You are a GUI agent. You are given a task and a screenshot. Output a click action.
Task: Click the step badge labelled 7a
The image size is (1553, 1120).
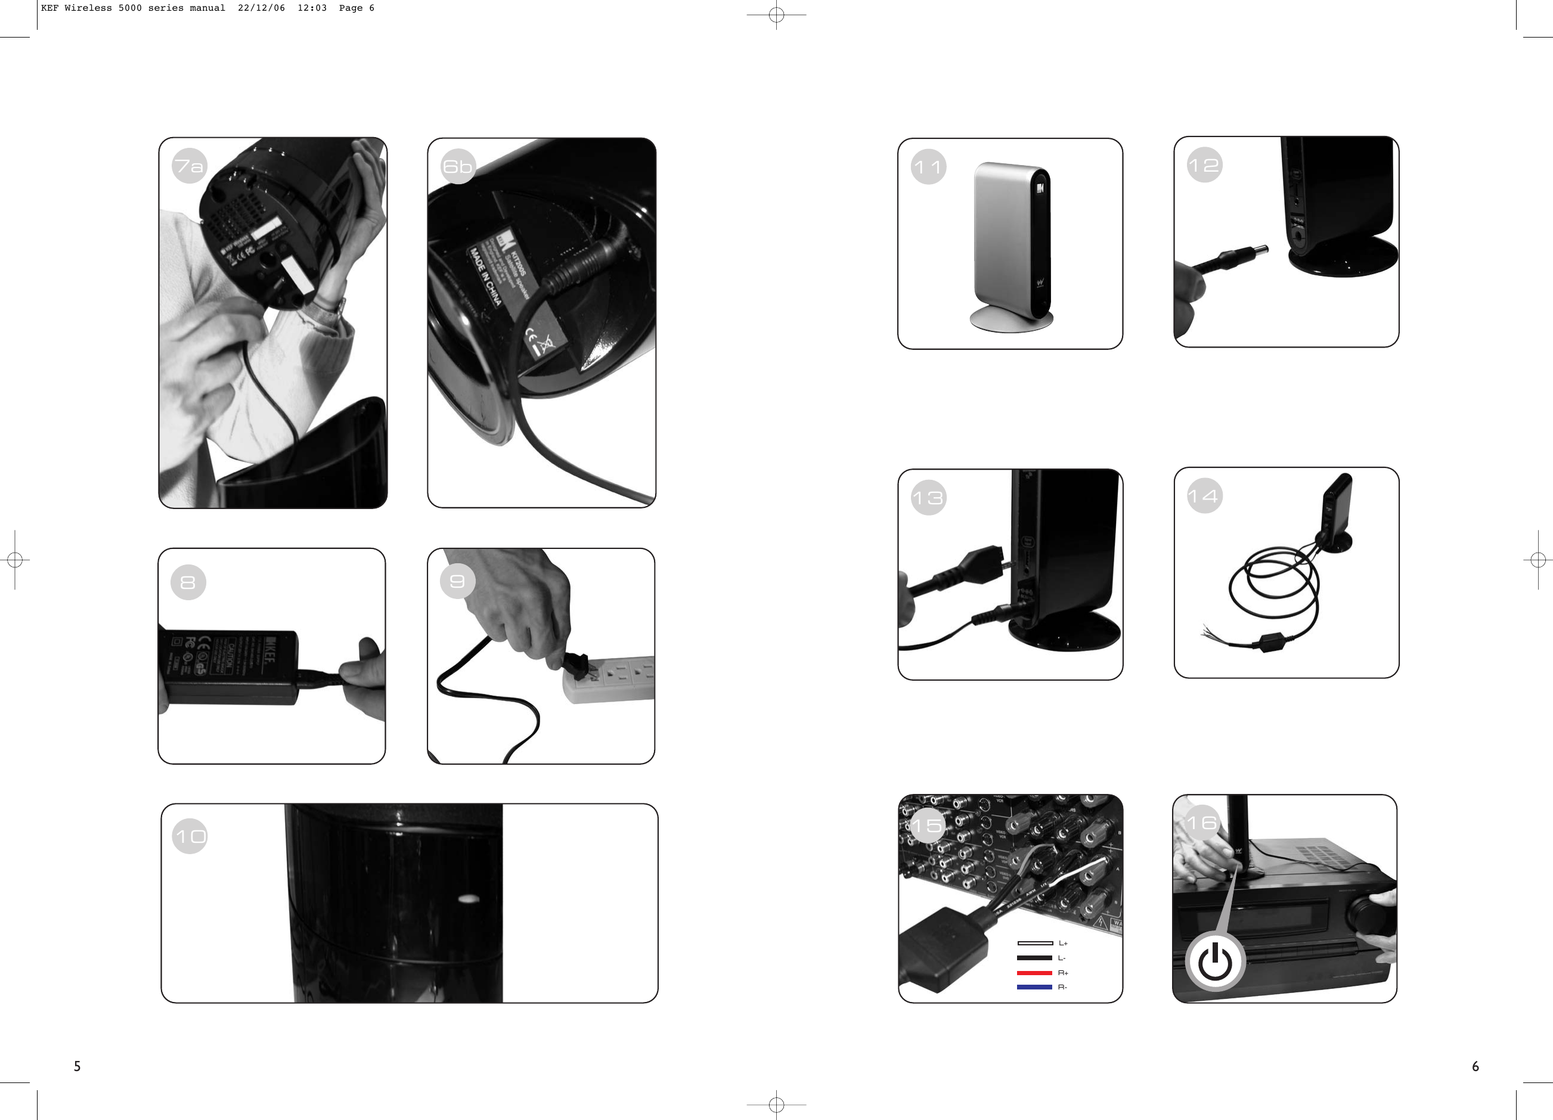point(189,166)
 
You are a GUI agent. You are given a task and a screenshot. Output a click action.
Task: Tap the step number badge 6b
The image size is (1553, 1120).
point(458,166)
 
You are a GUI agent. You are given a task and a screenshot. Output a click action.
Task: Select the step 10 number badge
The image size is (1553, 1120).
point(190,836)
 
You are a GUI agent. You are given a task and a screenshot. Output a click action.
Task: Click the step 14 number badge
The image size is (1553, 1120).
point(1204,496)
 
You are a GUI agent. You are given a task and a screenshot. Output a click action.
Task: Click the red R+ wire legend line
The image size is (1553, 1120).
point(1034,973)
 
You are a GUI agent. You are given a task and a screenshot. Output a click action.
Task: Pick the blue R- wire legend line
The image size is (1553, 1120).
point(1034,987)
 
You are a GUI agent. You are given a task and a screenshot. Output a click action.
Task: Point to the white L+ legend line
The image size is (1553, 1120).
point(1034,944)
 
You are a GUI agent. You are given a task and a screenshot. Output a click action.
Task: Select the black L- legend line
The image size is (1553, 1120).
point(1034,958)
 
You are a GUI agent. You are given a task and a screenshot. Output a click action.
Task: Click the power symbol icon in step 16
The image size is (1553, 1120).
point(1216,961)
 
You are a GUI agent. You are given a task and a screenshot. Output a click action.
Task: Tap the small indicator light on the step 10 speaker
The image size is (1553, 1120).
point(469,899)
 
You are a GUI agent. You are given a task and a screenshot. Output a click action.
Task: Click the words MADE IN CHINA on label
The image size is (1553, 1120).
point(485,277)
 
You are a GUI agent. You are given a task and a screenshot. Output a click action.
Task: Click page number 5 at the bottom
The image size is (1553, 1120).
point(78,1066)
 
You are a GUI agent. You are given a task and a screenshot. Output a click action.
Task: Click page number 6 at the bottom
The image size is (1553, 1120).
point(1475,1066)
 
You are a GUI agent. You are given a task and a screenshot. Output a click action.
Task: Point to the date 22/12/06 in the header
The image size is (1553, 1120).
point(261,8)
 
